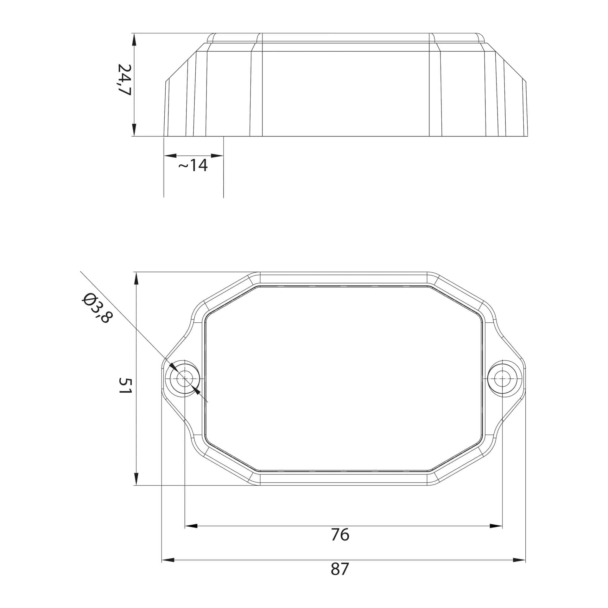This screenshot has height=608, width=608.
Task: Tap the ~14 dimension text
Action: [193, 165]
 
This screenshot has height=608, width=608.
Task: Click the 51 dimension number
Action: [125, 385]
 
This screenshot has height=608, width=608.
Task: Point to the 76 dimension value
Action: [340, 535]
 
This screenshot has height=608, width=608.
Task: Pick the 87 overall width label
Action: [340, 569]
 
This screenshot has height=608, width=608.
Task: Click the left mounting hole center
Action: [185, 378]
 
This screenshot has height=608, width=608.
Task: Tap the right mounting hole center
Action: [502, 378]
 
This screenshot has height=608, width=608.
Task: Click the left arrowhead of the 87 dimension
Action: [168, 560]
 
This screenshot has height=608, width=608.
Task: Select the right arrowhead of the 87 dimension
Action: [519, 560]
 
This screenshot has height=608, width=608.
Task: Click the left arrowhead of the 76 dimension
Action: [191, 526]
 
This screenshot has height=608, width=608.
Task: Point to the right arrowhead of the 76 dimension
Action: [496, 526]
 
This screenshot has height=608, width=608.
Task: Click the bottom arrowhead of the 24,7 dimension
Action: [134, 130]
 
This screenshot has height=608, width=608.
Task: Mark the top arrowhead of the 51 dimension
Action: [136, 278]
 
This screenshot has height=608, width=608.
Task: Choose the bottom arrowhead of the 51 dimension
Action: [136, 478]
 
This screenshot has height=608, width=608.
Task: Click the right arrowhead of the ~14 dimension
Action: [217, 156]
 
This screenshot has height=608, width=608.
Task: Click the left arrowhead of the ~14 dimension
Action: [170, 156]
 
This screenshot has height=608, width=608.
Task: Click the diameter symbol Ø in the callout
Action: [87, 298]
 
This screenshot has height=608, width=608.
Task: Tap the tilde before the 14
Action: [183, 166]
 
